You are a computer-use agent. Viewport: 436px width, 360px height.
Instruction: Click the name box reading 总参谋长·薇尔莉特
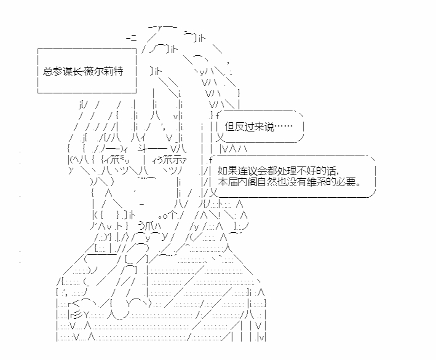coord(87,71)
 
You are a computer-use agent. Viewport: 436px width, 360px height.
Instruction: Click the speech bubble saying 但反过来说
coord(261,127)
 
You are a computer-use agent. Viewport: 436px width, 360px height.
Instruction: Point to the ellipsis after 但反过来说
coord(283,127)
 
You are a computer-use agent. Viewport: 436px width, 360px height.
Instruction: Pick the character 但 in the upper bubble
coord(229,127)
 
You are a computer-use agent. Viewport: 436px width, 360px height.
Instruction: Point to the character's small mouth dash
coord(142,205)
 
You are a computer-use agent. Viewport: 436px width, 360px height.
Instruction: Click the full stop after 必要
coord(358,184)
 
